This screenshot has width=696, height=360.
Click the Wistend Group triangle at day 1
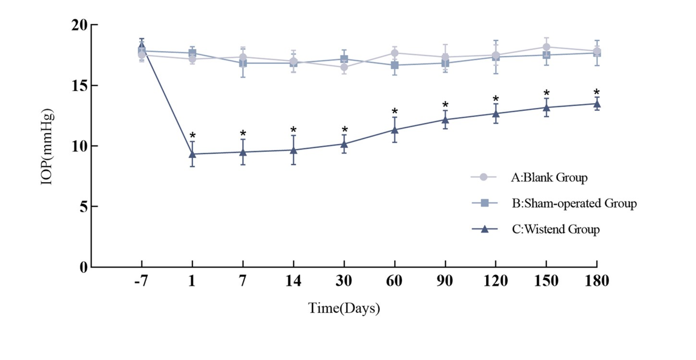[192, 154]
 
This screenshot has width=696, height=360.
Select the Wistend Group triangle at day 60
[394, 129]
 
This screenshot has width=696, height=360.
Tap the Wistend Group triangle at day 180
[597, 103]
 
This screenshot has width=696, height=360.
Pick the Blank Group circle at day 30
[344, 67]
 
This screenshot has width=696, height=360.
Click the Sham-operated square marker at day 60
[394, 65]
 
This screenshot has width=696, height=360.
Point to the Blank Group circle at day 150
[546, 47]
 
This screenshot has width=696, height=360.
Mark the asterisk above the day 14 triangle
[293, 130]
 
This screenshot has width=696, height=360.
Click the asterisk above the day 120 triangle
[496, 99]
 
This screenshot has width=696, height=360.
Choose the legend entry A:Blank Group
[549, 178]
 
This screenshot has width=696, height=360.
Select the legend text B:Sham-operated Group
[574, 203]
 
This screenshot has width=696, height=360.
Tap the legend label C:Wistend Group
[556, 229]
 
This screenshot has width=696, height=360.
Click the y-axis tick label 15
[79, 86]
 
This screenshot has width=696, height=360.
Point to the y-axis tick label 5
[84, 207]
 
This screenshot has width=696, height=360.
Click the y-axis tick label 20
[79, 25]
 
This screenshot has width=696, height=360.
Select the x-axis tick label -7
[141, 281]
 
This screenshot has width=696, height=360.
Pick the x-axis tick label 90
[445, 281]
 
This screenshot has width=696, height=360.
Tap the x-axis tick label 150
[546, 281]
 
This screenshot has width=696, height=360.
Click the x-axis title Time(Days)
[344, 308]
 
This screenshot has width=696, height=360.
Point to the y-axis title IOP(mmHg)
[47, 147]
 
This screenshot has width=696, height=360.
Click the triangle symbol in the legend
[485, 229]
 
